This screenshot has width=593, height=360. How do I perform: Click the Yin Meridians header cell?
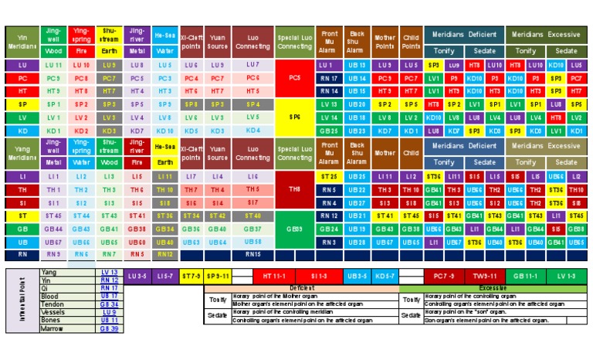(22, 42)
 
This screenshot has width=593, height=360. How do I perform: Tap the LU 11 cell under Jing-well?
(53, 66)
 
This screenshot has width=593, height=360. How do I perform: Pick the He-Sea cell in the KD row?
(164, 131)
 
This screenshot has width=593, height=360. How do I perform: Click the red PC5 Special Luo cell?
(295, 78)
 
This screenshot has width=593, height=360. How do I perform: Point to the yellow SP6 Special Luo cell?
(295, 117)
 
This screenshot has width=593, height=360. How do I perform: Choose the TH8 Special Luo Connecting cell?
(295, 189)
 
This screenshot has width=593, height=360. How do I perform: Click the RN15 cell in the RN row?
(253, 254)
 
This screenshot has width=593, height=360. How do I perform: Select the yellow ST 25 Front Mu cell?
(329, 177)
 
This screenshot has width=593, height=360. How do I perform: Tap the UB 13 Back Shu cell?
(357, 66)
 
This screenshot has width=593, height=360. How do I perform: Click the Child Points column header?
(411, 42)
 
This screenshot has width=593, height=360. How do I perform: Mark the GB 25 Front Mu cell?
(329, 131)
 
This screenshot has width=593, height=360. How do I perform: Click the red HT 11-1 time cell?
(276, 274)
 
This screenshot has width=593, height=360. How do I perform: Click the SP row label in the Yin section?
(22, 104)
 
